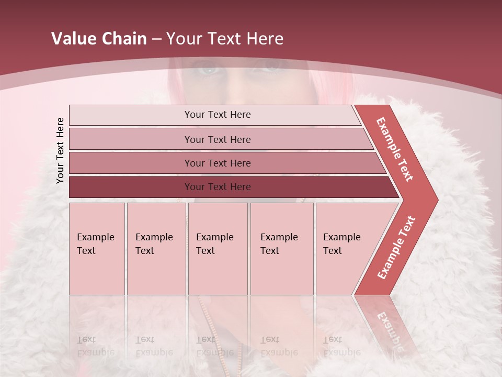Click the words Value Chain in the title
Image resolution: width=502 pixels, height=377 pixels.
click(99, 39)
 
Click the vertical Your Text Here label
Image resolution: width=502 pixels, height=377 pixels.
click(60, 150)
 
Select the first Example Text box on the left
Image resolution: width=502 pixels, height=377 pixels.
click(97, 249)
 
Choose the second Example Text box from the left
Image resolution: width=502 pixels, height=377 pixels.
click(156, 249)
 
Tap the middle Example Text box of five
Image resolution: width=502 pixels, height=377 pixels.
click(218, 249)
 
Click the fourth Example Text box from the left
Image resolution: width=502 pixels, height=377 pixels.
click(282, 249)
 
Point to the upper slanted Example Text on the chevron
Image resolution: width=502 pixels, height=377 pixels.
click(395, 149)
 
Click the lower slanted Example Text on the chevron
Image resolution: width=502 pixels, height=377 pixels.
click(396, 247)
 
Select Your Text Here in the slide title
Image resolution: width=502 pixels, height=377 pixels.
click(225, 39)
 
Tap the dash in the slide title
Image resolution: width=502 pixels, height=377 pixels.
click(156, 39)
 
